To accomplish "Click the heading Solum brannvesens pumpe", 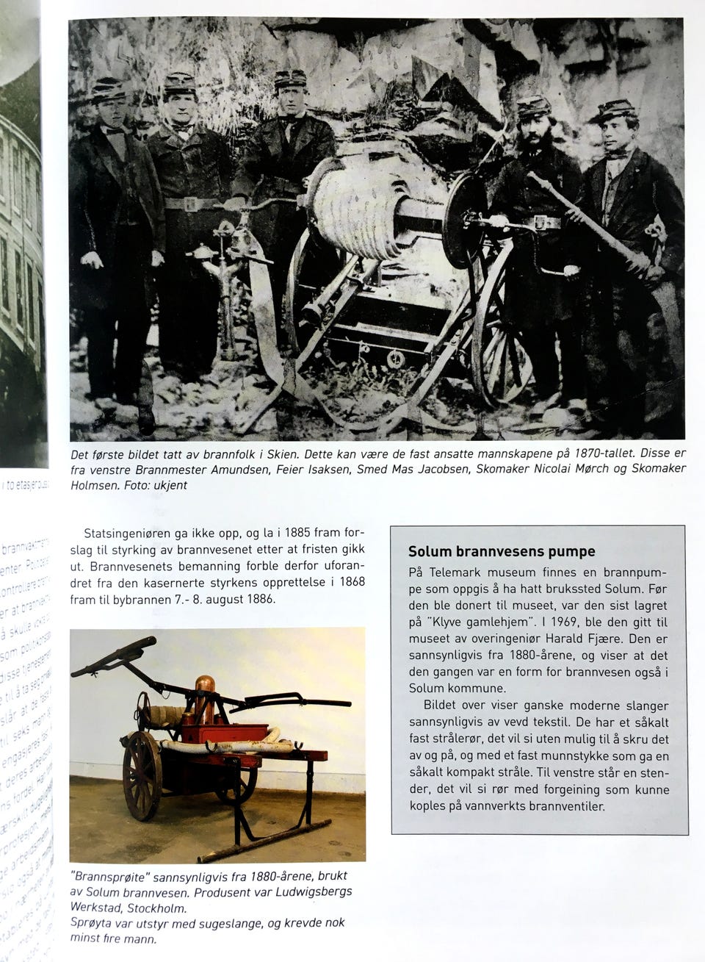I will [x=502, y=551].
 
